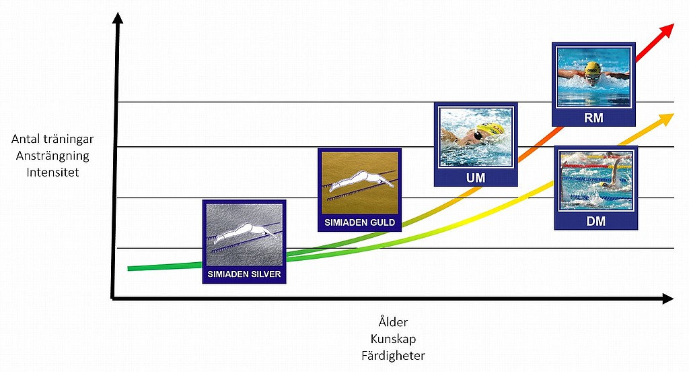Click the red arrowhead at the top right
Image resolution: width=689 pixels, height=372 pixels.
667,30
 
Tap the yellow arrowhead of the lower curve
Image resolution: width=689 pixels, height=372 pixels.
665,119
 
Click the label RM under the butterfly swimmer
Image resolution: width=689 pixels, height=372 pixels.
593,118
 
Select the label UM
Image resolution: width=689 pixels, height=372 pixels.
475,178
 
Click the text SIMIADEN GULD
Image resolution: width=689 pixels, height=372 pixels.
359,222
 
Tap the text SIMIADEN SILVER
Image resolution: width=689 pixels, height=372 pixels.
244,274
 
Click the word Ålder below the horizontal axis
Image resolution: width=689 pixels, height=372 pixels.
393,322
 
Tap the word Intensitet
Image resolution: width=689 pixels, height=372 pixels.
53,172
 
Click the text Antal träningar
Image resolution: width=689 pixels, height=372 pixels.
52,139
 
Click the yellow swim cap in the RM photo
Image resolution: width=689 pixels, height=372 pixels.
592,68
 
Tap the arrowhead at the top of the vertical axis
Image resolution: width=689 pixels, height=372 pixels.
118,18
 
